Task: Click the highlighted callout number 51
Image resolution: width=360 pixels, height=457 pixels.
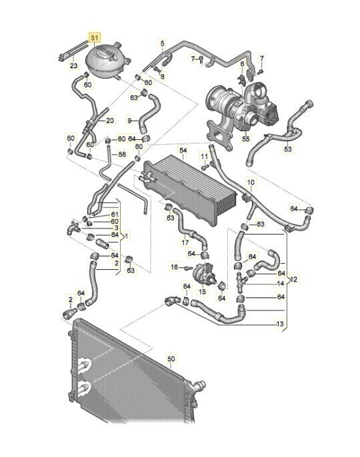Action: click(x=94, y=37)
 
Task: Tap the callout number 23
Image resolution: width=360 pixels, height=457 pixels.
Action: click(x=74, y=65)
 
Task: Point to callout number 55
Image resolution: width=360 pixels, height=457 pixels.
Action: click(x=246, y=139)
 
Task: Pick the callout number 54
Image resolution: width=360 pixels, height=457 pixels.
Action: click(x=183, y=151)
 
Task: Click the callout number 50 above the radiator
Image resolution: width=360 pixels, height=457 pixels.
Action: click(x=171, y=358)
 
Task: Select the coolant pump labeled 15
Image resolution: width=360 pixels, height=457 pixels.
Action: click(x=205, y=273)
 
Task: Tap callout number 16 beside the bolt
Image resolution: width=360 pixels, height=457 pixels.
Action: click(x=174, y=267)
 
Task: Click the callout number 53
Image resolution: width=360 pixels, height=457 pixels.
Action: click(x=287, y=149)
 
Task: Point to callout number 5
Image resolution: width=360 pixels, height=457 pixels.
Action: click(x=163, y=44)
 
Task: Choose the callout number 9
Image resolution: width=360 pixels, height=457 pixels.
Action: click(x=130, y=120)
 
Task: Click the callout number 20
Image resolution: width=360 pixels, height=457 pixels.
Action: click(x=110, y=120)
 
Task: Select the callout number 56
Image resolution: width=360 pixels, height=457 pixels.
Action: click(x=123, y=154)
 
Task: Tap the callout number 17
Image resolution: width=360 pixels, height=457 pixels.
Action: click(x=185, y=242)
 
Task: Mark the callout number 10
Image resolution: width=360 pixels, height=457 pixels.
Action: click(x=251, y=183)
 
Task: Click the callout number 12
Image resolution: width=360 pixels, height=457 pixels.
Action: click(x=294, y=279)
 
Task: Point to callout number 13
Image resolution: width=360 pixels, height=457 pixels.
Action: click(x=280, y=324)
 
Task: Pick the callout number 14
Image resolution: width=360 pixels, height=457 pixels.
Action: click(x=281, y=283)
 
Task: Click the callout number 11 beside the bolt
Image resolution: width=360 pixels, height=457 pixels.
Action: click(x=204, y=156)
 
